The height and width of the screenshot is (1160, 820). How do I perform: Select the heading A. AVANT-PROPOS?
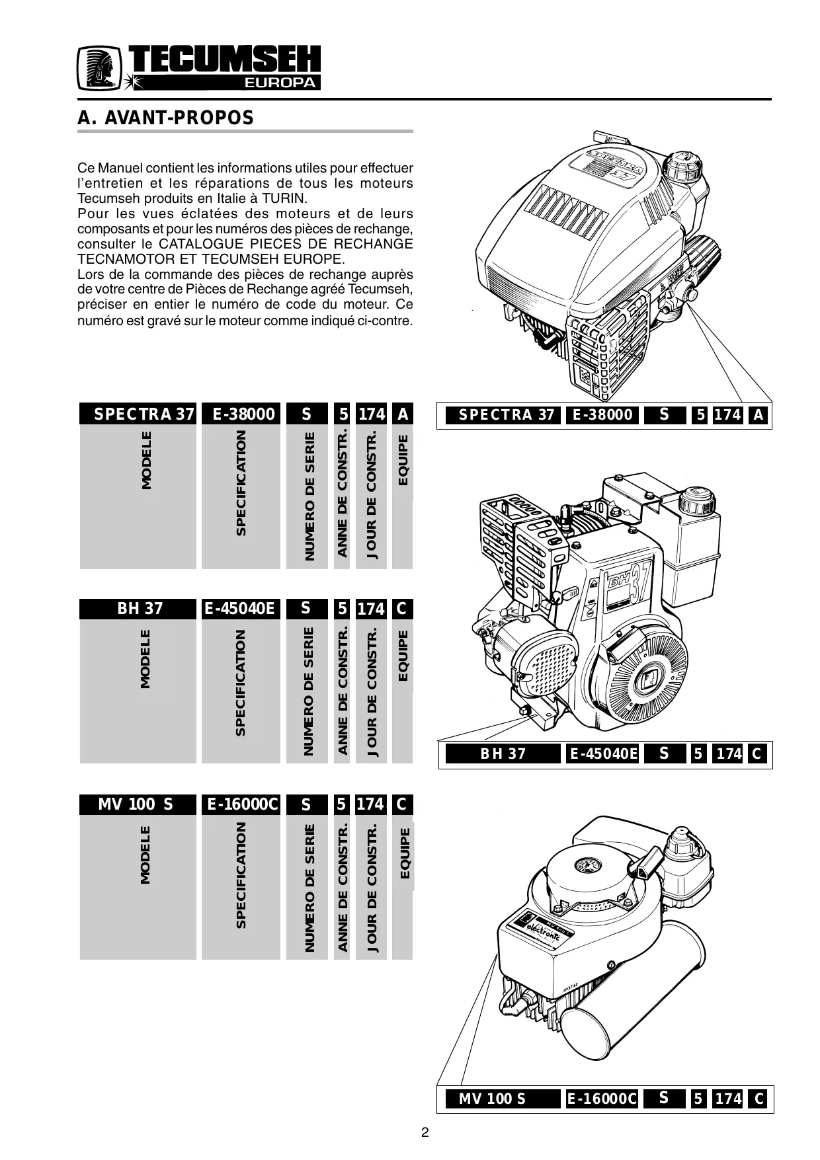pyautogui.click(x=165, y=118)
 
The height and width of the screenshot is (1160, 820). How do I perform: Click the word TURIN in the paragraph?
pyautogui.click(x=285, y=198)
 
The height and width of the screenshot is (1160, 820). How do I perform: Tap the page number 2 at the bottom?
pyautogui.click(x=425, y=1132)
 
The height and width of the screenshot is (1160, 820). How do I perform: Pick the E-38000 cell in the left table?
pyautogui.click(x=241, y=414)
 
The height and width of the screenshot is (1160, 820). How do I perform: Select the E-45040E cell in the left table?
pyautogui.click(x=241, y=609)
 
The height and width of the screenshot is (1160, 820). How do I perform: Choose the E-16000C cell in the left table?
pyautogui.click(x=241, y=804)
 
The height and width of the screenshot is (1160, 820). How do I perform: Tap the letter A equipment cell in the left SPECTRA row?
pyautogui.click(x=402, y=414)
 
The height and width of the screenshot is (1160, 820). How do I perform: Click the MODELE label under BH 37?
pyautogui.click(x=145, y=659)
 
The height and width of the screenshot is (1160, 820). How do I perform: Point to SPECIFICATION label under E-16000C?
pyautogui.click(x=241, y=874)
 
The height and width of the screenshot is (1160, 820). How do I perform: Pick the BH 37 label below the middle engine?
pyautogui.click(x=503, y=754)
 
